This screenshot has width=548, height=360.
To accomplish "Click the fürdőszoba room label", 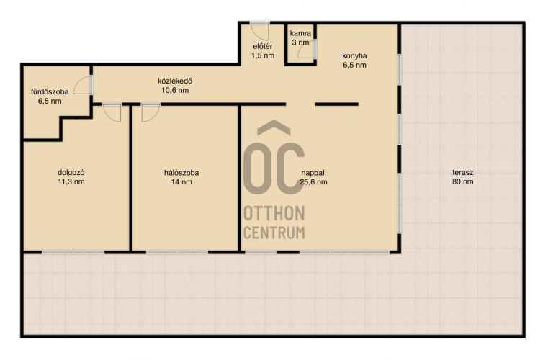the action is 50,92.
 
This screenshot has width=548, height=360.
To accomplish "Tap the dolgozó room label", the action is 71,172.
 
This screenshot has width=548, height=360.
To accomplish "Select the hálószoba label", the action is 181,173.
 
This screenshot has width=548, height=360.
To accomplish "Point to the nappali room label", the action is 313,173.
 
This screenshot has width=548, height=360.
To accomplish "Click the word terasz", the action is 463,172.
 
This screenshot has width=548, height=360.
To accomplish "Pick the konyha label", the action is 354,55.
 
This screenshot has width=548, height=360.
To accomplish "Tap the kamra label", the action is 300,34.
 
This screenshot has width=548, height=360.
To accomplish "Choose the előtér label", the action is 262,46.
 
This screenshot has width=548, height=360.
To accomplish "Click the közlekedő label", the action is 175,81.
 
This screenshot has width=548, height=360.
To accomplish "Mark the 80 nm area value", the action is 463,181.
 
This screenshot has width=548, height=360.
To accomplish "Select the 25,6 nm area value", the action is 313,181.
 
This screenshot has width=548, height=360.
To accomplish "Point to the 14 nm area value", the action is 181,181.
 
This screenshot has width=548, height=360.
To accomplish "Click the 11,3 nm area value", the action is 71,181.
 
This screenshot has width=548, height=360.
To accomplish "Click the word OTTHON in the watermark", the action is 274,214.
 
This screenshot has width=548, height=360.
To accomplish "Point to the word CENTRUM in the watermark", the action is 274,233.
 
